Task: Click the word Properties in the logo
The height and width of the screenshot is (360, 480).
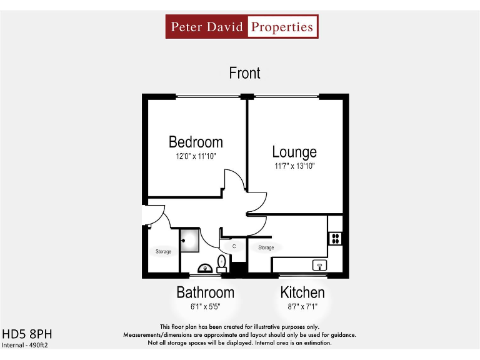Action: coord(281,27)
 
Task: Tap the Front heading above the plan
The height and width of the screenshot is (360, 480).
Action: coord(244,73)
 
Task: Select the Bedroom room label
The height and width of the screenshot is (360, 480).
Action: coord(196,142)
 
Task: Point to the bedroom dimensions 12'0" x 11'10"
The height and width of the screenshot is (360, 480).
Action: coord(196,157)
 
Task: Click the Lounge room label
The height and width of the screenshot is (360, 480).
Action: coord(294,152)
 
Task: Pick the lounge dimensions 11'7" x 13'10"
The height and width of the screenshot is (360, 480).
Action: coord(294,166)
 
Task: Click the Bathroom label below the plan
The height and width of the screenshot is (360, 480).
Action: coord(205,292)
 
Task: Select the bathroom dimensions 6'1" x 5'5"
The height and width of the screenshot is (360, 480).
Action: coord(205,307)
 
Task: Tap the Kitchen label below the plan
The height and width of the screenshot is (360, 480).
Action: coord(302,292)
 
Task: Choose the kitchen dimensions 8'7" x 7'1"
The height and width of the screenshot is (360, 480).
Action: coord(302,307)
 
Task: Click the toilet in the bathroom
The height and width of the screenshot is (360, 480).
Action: coord(221,262)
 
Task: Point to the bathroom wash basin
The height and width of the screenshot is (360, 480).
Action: coord(204,269)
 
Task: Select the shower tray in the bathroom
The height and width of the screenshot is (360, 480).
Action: coord(189,241)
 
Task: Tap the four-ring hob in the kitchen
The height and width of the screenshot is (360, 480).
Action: coord(335,238)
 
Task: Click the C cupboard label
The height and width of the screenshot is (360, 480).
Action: coord(234,247)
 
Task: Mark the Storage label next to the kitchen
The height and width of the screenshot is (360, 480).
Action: coord(266,247)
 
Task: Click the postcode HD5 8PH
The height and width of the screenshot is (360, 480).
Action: coord(22,333)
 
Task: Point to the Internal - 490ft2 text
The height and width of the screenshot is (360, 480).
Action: coord(25,345)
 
